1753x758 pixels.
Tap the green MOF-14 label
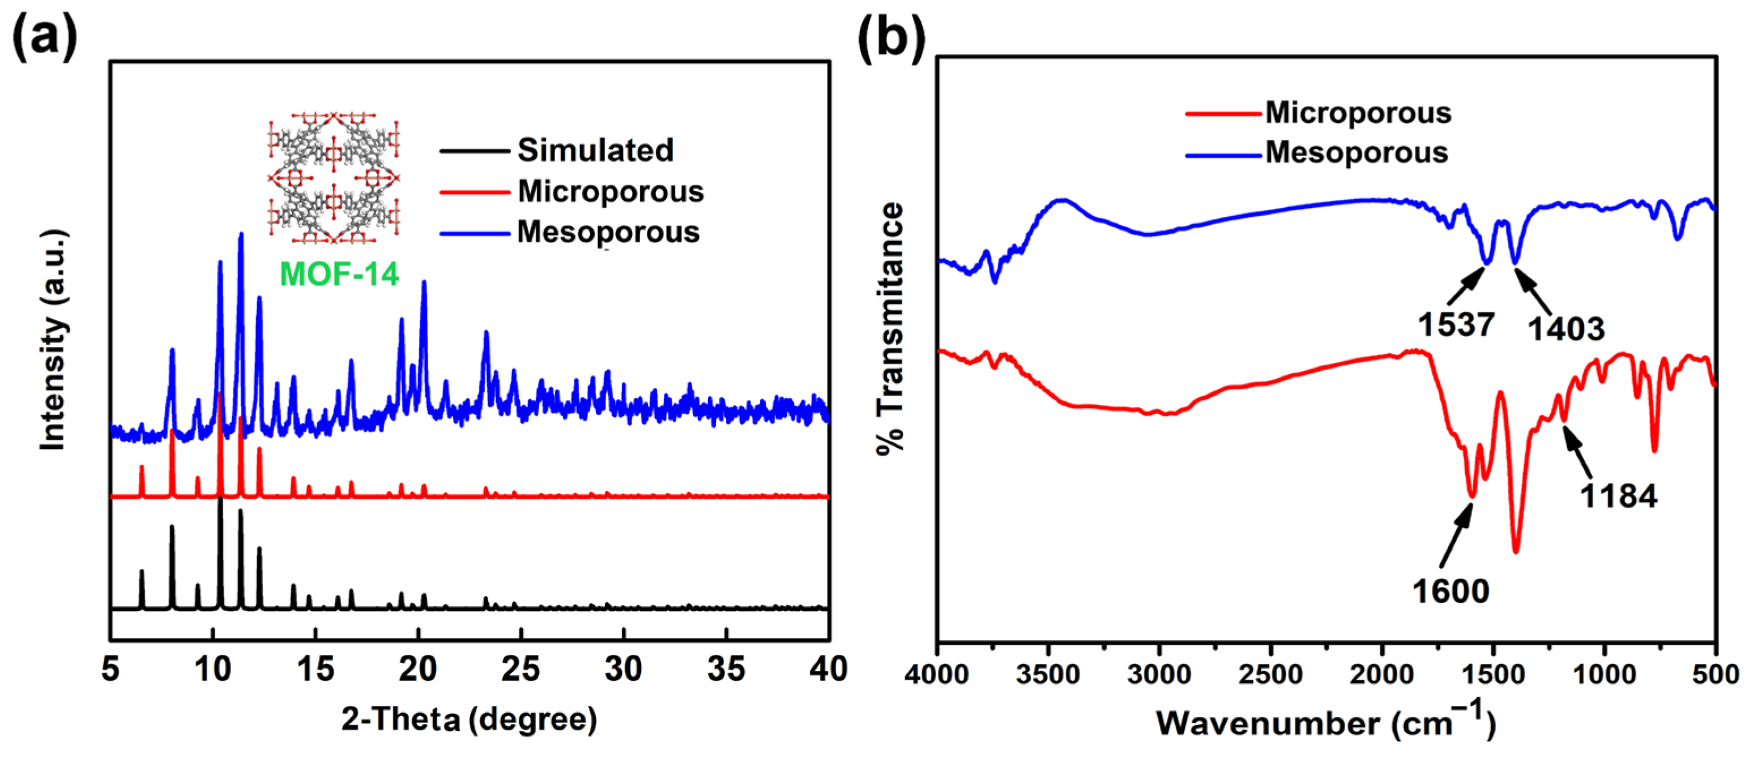(x=339, y=273)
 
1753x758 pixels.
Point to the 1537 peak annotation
(x=1456, y=324)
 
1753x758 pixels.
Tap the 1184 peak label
(x=1618, y=495)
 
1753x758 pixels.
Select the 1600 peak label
(x=1451, y=590)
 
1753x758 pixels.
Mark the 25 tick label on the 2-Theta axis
(x=521, y=670)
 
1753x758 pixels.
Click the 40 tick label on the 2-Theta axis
(x=828, y=670)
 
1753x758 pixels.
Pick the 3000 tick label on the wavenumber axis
(x=1159, y=674)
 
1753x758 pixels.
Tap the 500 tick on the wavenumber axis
(x=1716, y=674)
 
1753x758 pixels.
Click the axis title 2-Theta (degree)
(x=470, y=719)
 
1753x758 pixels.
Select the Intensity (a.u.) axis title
(x=53, y=340)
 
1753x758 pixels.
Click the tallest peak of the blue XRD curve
(x=240, y=235)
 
